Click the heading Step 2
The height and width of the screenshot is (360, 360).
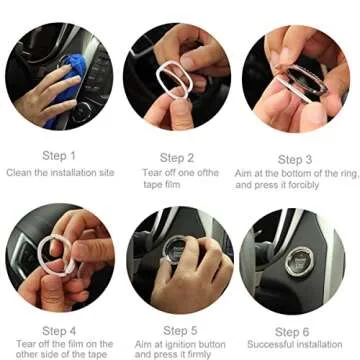(x=178, y=157)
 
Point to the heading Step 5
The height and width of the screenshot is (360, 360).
(x=178, y=330)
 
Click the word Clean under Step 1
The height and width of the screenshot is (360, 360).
(x=24, y=174)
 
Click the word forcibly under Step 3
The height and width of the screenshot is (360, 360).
(x=323, y=185)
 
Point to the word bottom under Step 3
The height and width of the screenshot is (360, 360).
(x=299, y=174)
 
